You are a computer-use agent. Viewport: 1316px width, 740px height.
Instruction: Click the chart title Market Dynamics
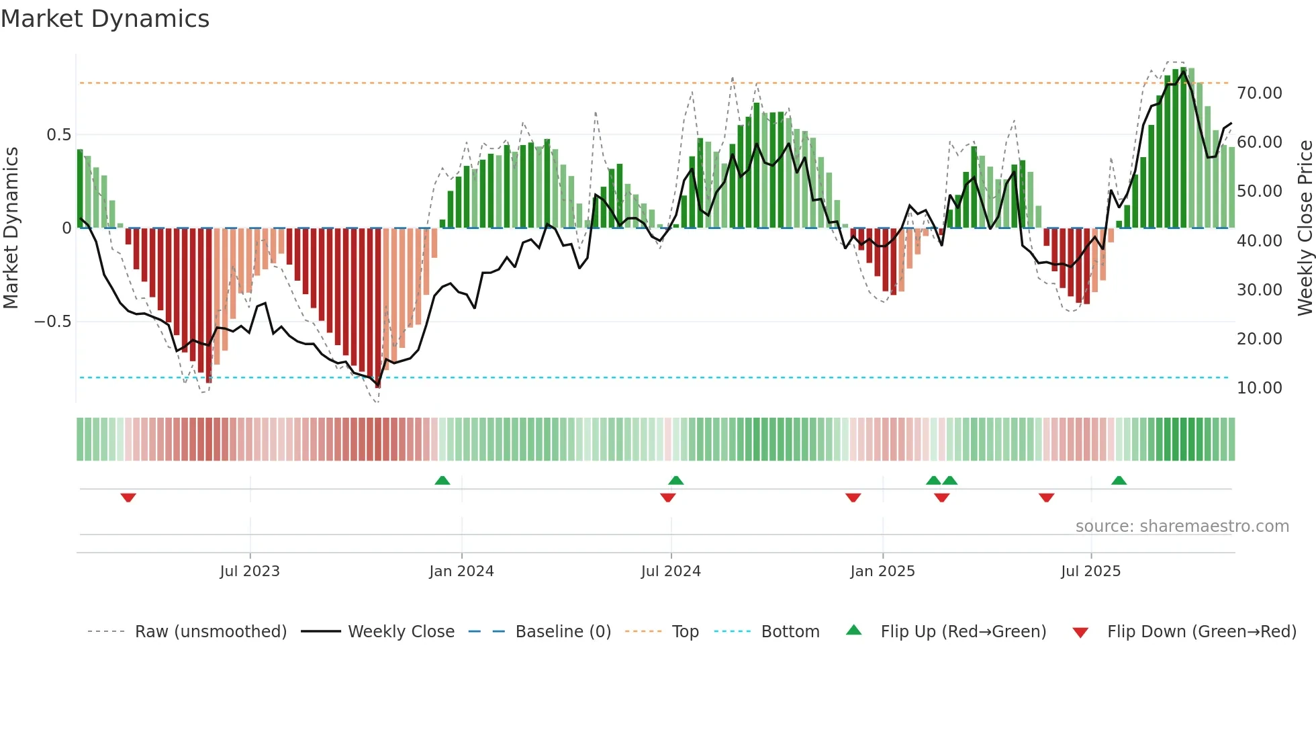pos(105,19)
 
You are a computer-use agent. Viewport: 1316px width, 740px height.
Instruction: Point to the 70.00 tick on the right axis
pos(1259,93)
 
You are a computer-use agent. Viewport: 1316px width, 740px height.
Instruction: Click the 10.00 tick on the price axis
pos(1259,387)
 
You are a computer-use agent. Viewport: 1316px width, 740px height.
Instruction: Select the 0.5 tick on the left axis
pos(58,135)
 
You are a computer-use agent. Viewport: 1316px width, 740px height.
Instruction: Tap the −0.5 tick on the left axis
pos(52,322)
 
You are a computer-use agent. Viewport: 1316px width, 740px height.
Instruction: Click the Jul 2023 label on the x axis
pos(250,571)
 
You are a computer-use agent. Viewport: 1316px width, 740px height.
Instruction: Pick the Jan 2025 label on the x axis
pos(882,571)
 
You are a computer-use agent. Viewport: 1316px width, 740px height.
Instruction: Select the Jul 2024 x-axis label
pos(671,571)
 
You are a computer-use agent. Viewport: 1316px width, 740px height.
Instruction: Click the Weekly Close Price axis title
pos(1305,228)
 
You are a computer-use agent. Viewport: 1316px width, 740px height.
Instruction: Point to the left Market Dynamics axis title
pos(11,228)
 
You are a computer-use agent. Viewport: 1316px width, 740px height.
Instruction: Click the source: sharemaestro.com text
pos(1182,526)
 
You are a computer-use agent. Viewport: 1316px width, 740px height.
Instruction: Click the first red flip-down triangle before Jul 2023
pos(128,497)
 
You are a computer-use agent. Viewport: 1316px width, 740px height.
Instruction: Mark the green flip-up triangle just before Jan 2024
pos(442,481)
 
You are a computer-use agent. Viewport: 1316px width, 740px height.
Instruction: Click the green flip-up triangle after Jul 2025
pos(1119,481)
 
